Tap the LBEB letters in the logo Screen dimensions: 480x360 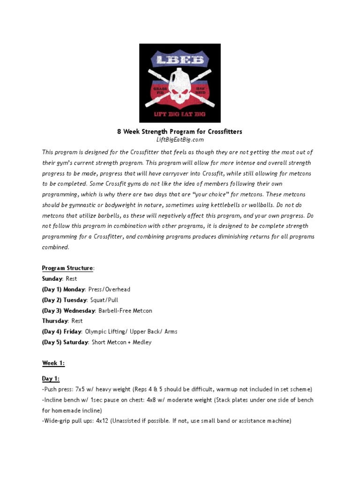coord(180,60)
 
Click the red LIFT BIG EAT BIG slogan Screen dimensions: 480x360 coord(180,114)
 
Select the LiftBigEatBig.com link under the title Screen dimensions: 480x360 coord(180,140)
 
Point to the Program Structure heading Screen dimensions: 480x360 coord(67,268)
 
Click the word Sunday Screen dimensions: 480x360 coord(52,278)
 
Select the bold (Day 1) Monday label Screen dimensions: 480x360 coord(63,289)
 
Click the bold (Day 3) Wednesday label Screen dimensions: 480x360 coord(68,310)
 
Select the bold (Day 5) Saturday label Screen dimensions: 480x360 coord(65,342)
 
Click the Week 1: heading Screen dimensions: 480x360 coord(53,363)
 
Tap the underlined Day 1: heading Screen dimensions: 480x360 coord(51,379)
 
